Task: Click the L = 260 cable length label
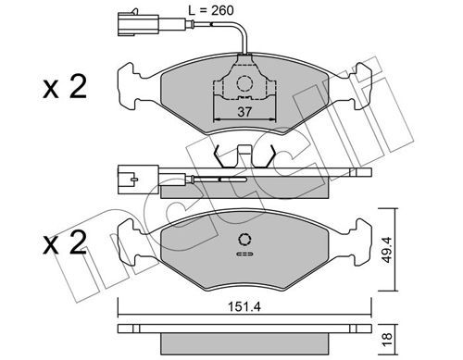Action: [x=211, y=10]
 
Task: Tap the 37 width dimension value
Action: [x=244, y=112]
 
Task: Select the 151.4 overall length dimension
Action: [x=244, y=306]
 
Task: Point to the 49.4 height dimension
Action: [x=386, y=250]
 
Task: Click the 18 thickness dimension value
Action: [x=386, y=340]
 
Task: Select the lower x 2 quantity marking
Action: [x=65, y=242]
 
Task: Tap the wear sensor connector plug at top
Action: [x=138, y=23]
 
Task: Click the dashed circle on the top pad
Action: [x=244, y=83]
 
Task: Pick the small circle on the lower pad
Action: [x=244, y=240]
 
